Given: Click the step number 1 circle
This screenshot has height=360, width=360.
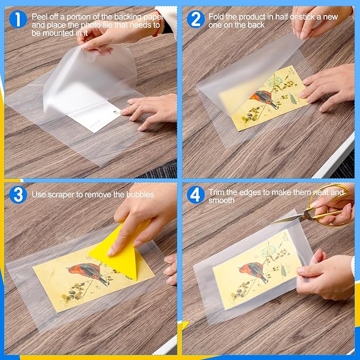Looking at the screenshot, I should pyautogui.click(x=18, y=20).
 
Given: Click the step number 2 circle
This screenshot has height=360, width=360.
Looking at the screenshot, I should pyautogui.click(x=195, y=20).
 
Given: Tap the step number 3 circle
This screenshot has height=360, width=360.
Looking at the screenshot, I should pyautogui.click(x=18, y=194).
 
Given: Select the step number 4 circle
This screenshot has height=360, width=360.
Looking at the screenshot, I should pyautogui.click(x=195, y=194).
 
